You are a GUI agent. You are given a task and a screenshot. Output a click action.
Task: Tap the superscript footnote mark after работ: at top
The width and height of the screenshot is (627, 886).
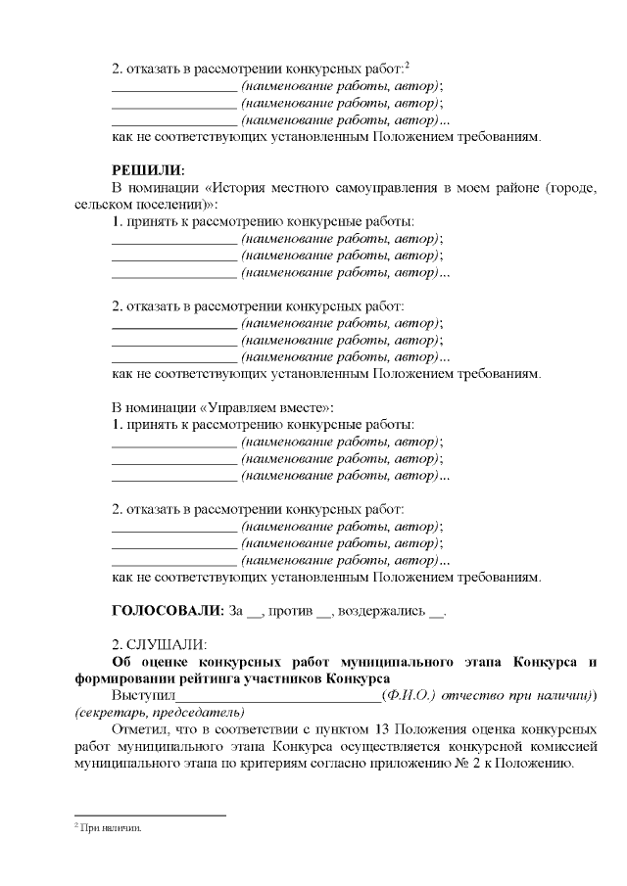click(x=407, y=65)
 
